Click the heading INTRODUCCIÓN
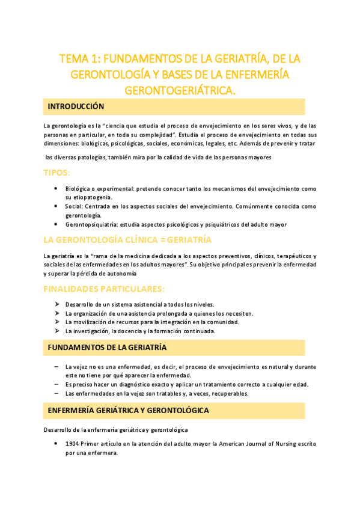coord(76,106)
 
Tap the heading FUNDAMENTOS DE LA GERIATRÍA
coord(107,348)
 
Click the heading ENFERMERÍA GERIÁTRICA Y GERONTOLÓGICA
coord(128,410)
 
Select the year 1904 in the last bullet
coord(73,444)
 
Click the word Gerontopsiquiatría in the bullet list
coord(91,224)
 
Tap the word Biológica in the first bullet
coord(79,189)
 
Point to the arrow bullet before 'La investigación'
coord(56,331)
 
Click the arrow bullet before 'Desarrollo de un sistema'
coord(56,304)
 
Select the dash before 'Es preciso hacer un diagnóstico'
coord(56,384)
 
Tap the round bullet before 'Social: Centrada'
coord(56,206)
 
